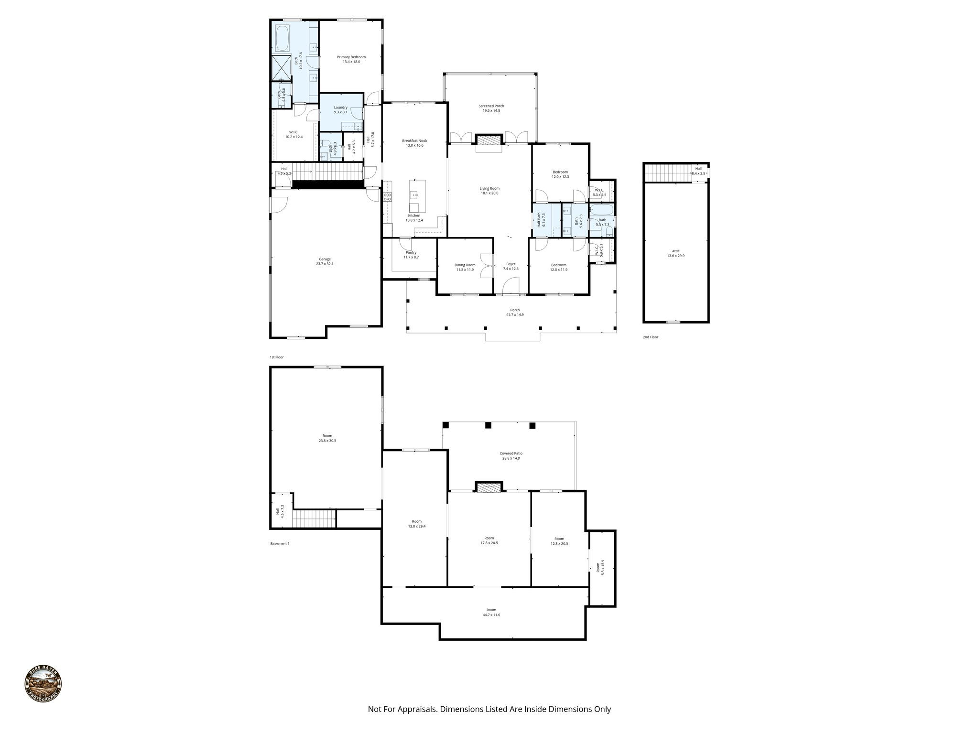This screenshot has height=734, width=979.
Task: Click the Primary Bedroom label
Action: pos(351,57)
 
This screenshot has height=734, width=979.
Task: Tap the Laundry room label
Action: pos(340,108)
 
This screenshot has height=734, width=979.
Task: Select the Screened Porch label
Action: pos(491,106)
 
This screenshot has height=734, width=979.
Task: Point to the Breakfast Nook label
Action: pos(414,140)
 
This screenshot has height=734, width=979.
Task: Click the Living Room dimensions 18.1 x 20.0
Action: pos(489,193)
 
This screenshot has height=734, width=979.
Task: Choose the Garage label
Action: pos(325,259)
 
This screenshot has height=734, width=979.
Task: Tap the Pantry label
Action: pos(411,252)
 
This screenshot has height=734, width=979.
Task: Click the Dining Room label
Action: pos(465,265)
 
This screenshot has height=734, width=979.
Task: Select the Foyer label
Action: pos(511,264)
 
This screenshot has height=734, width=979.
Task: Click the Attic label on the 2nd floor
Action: pos(675,251)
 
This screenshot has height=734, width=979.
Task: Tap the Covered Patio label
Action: pos(511,453)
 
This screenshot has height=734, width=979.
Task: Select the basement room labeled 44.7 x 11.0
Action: pos(491,612)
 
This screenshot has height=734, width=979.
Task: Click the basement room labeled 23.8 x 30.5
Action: pos(327,438)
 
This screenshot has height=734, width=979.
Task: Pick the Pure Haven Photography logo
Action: pos(43,684)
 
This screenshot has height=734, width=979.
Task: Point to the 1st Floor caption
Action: pos(276,357)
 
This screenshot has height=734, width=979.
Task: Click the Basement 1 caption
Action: pos(280,543)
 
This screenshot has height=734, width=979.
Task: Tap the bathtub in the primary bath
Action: pos(282,38)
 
